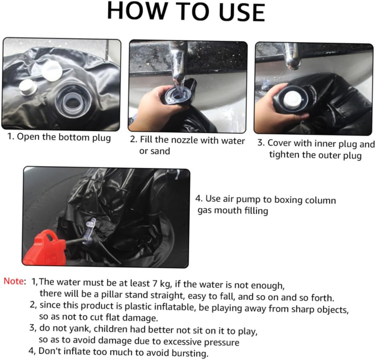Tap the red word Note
(14, 281)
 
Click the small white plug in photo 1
(28, 87)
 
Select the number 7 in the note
(155, 283)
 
